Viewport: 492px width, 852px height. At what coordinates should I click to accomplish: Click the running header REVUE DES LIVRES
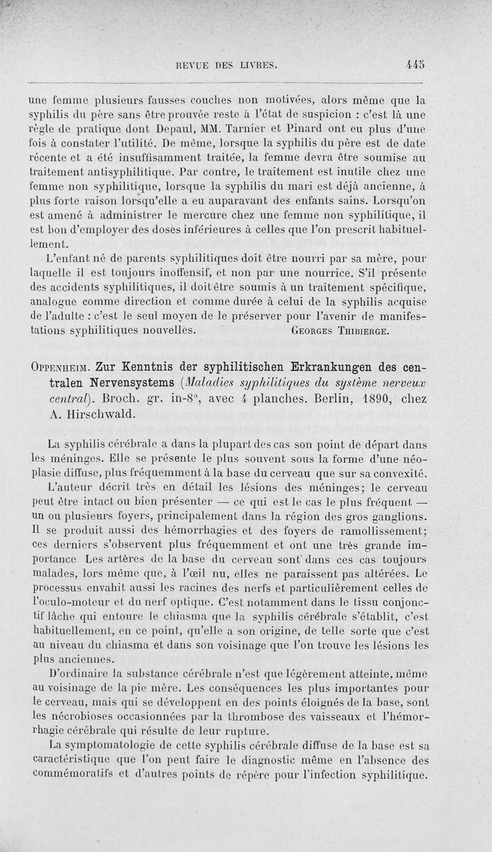tap(227, 63)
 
